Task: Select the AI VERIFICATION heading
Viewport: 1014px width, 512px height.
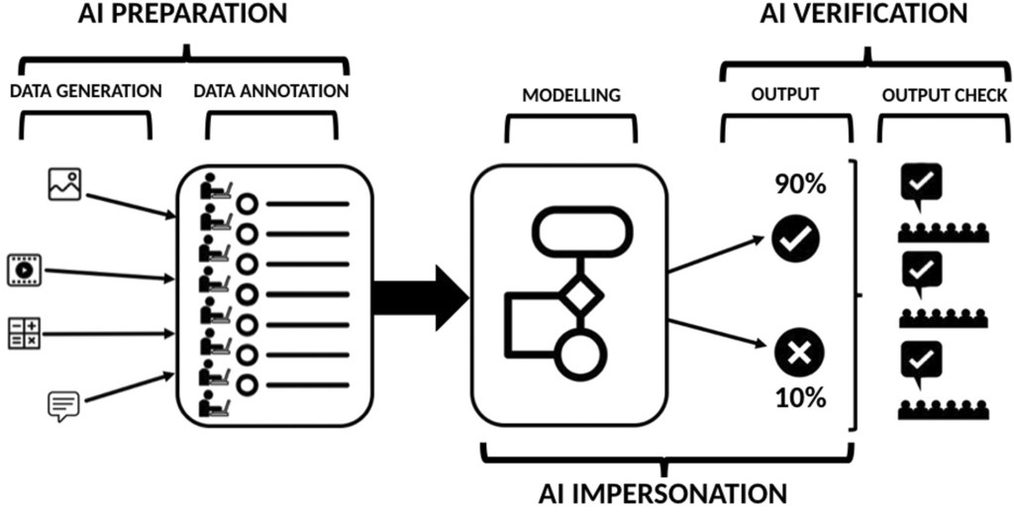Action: point(863,14)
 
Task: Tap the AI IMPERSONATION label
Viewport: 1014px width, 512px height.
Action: point(662,492)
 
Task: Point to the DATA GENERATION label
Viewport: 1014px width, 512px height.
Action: point(86,91)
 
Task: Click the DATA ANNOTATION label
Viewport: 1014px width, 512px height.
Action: point(270,91)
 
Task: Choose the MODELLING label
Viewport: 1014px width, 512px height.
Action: point(571,96)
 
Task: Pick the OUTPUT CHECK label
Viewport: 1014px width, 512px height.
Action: point(945,96)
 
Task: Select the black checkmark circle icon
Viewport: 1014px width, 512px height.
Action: point(797,240)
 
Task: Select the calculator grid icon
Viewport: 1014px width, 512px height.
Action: point(23,333)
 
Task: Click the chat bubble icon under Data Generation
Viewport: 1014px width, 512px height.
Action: point(63,406)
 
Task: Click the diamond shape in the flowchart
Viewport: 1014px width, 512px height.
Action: point(578,296)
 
